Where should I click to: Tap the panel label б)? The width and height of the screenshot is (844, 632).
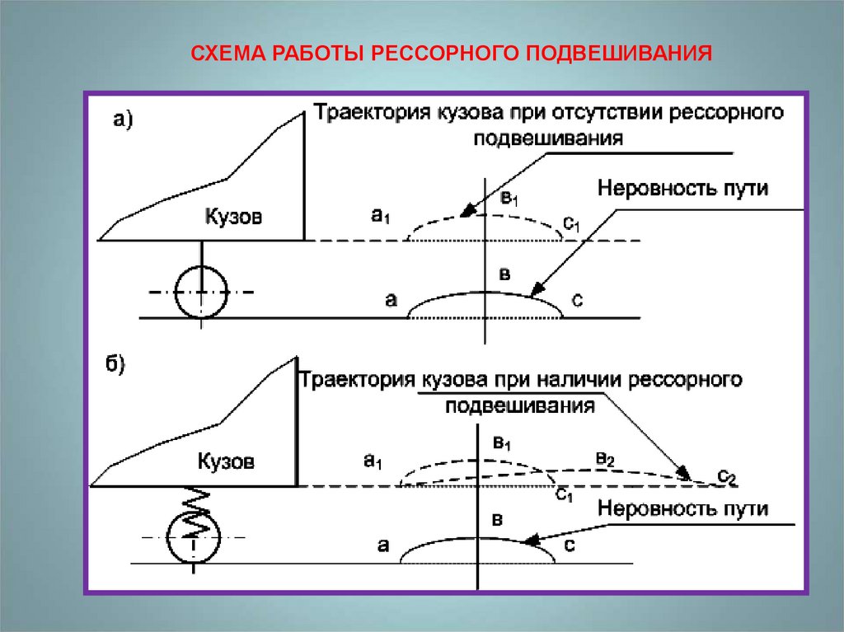114,365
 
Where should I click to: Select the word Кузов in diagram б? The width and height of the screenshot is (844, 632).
226,461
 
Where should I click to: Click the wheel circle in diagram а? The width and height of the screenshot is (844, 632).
201,292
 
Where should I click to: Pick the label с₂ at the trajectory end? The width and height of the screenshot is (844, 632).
726,475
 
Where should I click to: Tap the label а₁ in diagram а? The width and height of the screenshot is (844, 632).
380,216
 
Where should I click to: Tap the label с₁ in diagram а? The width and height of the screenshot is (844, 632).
572,222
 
